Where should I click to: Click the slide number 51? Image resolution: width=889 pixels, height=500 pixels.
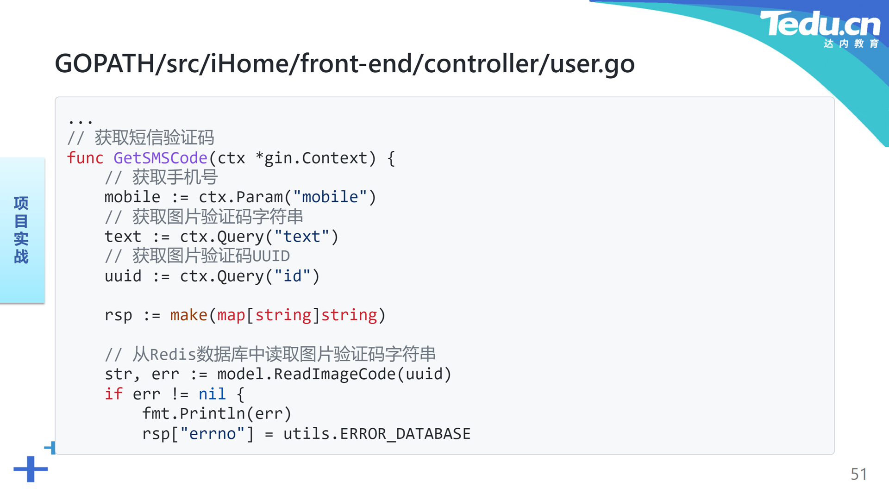click(859, 474)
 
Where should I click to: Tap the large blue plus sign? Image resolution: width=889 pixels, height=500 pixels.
click(31, 469)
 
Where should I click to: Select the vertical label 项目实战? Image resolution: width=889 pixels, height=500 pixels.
click(21, 230)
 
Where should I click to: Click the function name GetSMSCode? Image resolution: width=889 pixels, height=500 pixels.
click(160, 158)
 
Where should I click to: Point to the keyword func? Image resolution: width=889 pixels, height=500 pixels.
click(85, 158)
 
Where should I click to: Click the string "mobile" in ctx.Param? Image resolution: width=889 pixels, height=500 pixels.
click(330, 197)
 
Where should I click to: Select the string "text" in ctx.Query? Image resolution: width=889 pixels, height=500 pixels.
click(301, 237)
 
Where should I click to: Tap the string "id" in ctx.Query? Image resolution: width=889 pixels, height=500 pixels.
click(292, 276)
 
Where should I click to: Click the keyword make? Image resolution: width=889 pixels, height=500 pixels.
click(189, 315)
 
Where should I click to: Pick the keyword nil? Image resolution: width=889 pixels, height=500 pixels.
click(212, 394)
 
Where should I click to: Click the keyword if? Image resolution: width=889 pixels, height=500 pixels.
click(113, 394)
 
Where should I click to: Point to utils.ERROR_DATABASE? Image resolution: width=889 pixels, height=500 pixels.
click(377, 434)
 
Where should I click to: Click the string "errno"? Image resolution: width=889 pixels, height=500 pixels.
click(212, 434)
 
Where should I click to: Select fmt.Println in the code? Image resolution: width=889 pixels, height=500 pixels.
click(194, 413)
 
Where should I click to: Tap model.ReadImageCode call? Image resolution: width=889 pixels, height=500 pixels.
click(334, 374)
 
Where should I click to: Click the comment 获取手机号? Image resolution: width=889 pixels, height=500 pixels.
click(175, 177)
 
